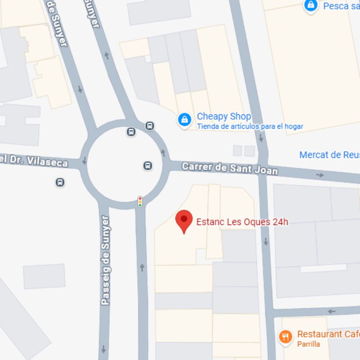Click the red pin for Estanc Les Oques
click(x=184, y=220)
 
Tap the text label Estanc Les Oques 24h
click(x=242, y=222)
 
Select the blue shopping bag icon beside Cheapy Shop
click(x=184, y=120)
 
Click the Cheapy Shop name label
click(x=224, y=117)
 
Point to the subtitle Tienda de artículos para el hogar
click(x=250, y=126)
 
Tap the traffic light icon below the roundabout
click(x=140, y=201)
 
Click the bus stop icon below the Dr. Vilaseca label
click(x=60, y=182)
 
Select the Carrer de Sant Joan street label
click(x=229, y=169)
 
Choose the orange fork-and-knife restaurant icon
click(x=285, y=336)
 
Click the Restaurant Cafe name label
click(x=328, y=334)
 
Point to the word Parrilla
click(x=309, y=344)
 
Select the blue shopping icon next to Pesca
click(x=311, y=5)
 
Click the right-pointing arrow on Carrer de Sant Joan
click(x=320, y=175)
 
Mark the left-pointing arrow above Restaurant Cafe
click(x=332, y=311)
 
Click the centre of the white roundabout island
click(x=124, y=164)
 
